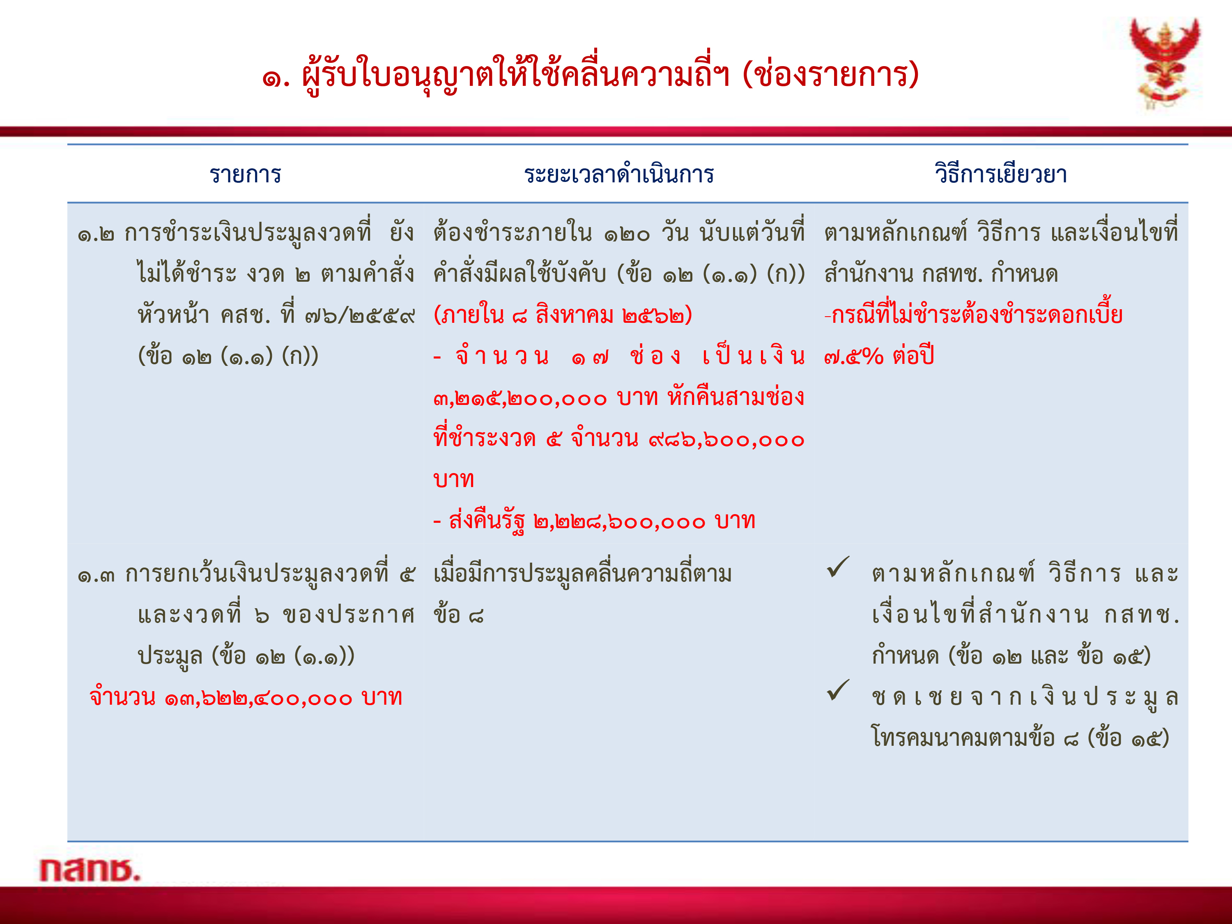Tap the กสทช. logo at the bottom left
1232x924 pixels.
pyautogui.click(x=90, y=869)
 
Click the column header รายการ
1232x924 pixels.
pyautogui.click(x=245, y=175)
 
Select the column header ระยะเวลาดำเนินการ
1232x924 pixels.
pyautogui.click(x=619, y=175)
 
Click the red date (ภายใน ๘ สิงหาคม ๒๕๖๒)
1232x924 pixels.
pyautogui.click(x=563, y=315)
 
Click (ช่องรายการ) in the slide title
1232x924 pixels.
pyautogui.click(x=831, y=74)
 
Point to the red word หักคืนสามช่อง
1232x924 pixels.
pyautogui.click(x=736, y=397)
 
